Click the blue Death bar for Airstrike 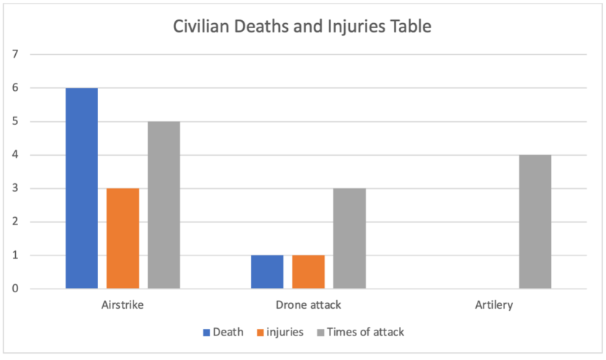pyautogui.click(x=82, y=188)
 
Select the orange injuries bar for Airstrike pyautogui.click(x=123, y=238)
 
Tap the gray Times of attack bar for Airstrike pyautogui.click(x=164, y=205)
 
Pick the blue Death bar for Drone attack pyautogui.click(x=267, y=272)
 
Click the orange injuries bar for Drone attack pyautogui.click(x=308, y=272)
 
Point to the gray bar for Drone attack pyautogui.click(x=349, y=238)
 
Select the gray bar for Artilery pyautogui.click(x=535, y=221)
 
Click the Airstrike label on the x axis pyautogui.click(x=123, y=304)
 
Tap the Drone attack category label pyautogui.click(x=308, y=304)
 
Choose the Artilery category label pyautogui.click(x=494, y=304)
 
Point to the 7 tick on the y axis pyautogui.click(x=14, y=54)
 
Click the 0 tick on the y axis pyautogui.click(x=14, y=289)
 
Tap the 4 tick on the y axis pyautogui.click(x=14, y=154)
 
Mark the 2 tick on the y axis pyautogui.click(x=14, y=221)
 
